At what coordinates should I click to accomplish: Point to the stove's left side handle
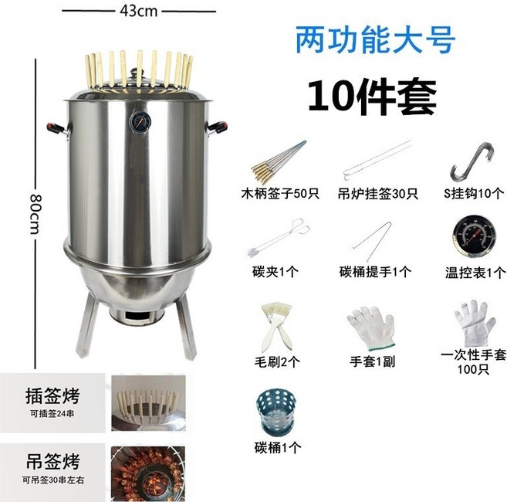click(x=53, y=127)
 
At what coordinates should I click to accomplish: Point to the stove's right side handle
click(x=220, y=125)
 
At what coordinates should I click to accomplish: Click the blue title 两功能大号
click(x=375, y=40)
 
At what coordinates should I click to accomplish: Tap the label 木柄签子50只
click(x=279, y=193)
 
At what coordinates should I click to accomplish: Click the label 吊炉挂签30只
click(x=377, y=193)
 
